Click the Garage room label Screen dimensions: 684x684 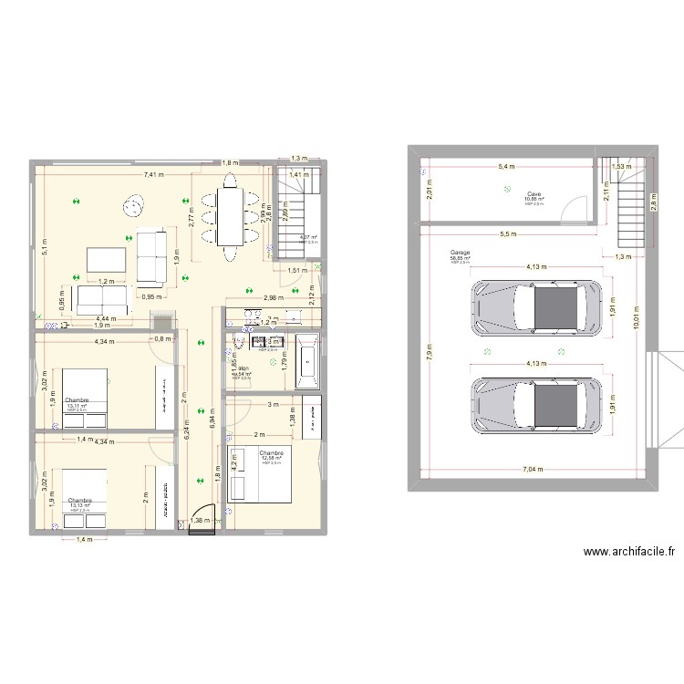click(460, 253)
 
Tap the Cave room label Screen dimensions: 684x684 click(534, 193)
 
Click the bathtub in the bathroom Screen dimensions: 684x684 click(307, 362)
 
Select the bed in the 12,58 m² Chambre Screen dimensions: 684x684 click(259, 475)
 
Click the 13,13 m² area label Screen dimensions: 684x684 click(78, 506)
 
